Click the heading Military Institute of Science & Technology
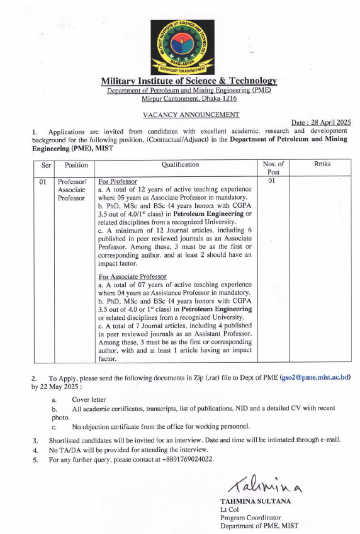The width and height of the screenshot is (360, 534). coord(189,81)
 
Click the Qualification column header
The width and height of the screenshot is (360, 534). coord(180,164)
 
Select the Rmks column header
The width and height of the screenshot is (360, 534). coord(322,164)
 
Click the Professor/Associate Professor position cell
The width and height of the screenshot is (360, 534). coord(71,190)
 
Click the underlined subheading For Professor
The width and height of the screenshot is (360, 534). coord(118,181)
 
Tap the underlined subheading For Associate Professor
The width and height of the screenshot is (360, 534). coord(132,277)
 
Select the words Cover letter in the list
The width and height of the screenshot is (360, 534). coord(89,400)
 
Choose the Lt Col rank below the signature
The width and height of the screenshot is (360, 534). coord(228,509)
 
